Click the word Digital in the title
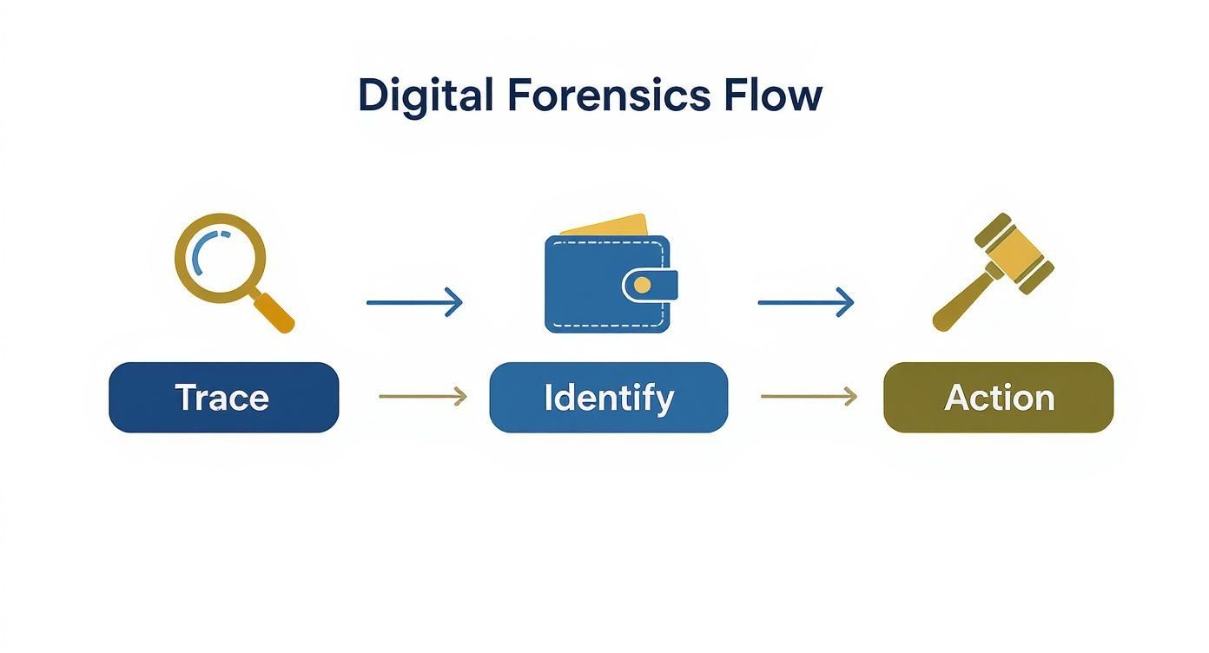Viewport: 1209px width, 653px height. [x=425, y=95]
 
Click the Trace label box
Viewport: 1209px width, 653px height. [x=223, y=398]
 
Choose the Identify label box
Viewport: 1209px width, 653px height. [x=608, y=398]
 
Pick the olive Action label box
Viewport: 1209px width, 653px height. [x=998, y=398]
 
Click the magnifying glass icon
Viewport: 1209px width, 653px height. [x=228, y=265]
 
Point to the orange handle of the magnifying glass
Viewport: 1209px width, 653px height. [x=275, y=313]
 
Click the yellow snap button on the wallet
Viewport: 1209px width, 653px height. [x=642, y=285]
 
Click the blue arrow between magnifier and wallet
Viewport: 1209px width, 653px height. [x=414, y=302]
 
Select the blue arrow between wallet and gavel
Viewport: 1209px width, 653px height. [x=805, y=302]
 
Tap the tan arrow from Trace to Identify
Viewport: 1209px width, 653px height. [x=422, y=397]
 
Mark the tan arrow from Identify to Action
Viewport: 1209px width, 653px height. [x=808, y=397]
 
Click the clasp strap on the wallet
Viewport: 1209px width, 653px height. [x=651, y=285]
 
